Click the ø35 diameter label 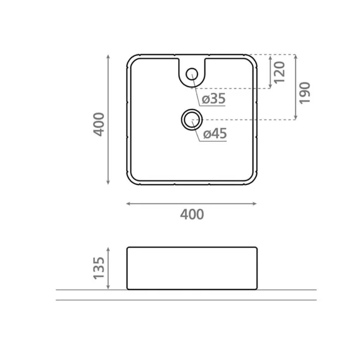pyautogui.click(x=213, y=99)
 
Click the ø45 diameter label pyautogui.click(x=215, y=134)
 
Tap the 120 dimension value pyautogui.click(x=279, y=72)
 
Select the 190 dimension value pyautogui.click(x=305, y=93)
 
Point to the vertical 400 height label pyautogui.click(x=99, y=124)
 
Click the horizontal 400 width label pyautogui.click(x=192, y=214)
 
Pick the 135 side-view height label pyautogui.click(x=99, y=268)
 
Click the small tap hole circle pyautogui.click(x=191, y=74)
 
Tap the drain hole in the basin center pyautogui.click(x=191, y=119)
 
